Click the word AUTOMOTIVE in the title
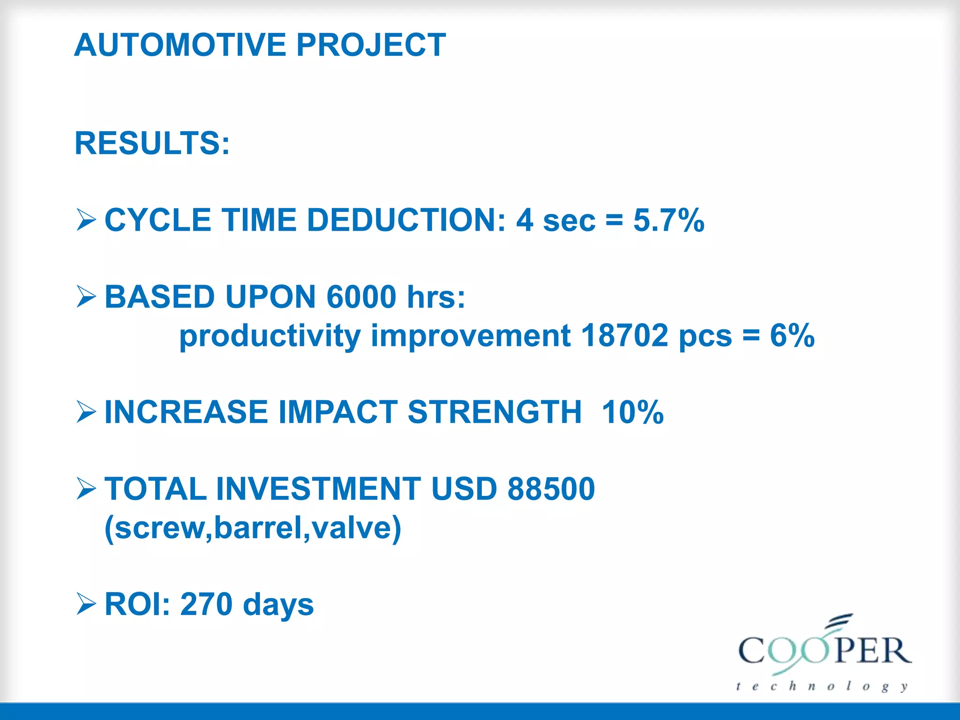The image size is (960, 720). pyautogui.click(x=180, y=45)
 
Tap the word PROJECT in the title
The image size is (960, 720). pyautogui.click(x=371, y=45)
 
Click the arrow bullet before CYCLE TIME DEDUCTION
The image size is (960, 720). pyautogui.click(x=86, y=220)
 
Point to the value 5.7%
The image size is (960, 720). pyautogui.click(x=668, y=220)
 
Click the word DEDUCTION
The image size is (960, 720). pyautogui.click(x=406, y=220)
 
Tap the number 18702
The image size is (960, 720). pyautogui.click(x=624, y=336)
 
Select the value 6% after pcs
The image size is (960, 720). pyautogui.click(x=792, y=336)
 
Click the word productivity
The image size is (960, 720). pyautogui.click(x=270, y=337)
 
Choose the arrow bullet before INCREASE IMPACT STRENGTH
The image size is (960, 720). pyautogui.click(x=86, y=412)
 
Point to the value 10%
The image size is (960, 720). pyautogui.click(x=633, y=412)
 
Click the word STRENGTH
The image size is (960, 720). pyautogui.click(x=495, y=412)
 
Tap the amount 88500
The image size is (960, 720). pyautogui.click(x=551, y=489)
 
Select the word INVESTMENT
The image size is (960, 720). pyautogui.click(x=319, y=489)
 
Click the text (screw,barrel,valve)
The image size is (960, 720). pyautogui.click(x=253, y=528)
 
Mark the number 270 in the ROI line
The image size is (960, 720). pyautogui.click(x=206, y=604)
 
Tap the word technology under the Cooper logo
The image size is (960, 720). pyautogui.click(x=822, y=687)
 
